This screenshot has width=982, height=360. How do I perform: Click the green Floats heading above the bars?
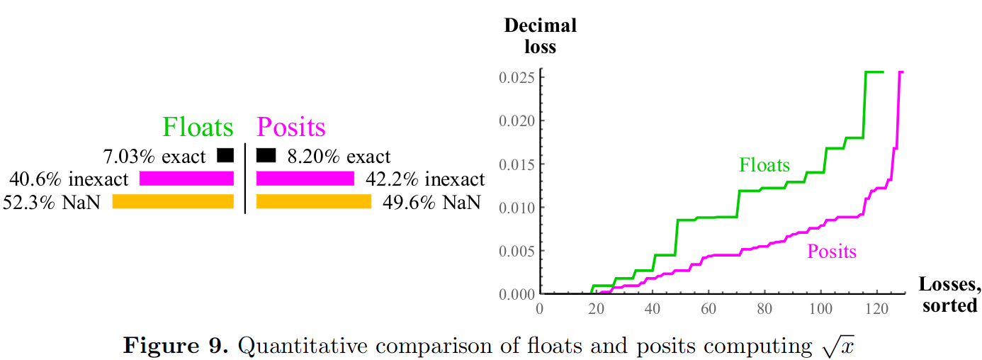click(x=198, y=128)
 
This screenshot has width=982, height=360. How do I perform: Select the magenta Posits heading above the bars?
click(x=290, y=128)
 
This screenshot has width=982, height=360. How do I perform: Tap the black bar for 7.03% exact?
click(x=225, y=154)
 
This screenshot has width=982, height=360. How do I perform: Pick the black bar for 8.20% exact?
click(x=266, y=154)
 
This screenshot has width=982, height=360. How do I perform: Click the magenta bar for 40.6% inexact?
click(x=186, y=178)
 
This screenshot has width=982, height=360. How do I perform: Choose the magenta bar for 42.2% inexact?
click(x=305, y=178)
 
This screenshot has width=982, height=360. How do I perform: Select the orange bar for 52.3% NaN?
click(x=173, y=202)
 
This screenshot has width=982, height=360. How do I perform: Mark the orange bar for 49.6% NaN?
click(x=313, y=202)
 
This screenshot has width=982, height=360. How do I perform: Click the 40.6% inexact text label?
click(x=69, y=179)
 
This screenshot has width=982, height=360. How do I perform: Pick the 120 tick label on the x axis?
click(x=876, y=308)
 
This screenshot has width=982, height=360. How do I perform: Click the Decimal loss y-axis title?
click(x=540, y=37)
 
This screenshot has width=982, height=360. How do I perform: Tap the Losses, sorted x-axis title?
click(x=950, y=295)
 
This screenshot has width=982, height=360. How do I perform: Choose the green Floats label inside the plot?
click(x=764, y=165)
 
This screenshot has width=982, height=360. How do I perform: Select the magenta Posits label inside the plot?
click(x=832, y=252)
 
